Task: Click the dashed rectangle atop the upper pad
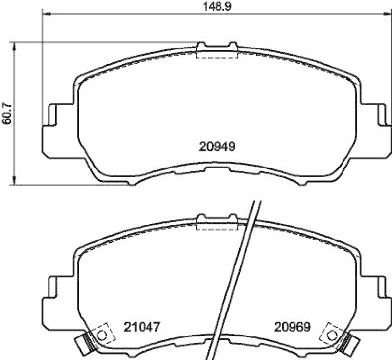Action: point(217,52)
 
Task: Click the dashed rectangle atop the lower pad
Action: point(217,224)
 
